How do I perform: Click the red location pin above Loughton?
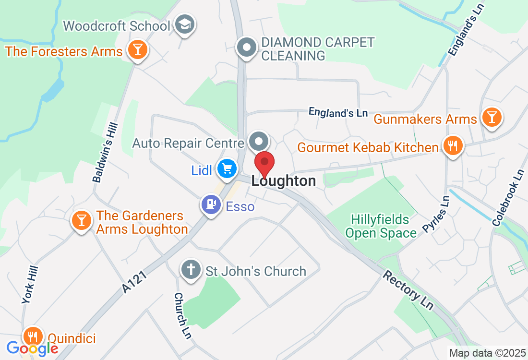(264, 163)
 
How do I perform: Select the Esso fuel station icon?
(210, 205)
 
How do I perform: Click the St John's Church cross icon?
(191, 270)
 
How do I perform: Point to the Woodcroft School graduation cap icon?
(183, 24)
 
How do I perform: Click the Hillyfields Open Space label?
(381, 227)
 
